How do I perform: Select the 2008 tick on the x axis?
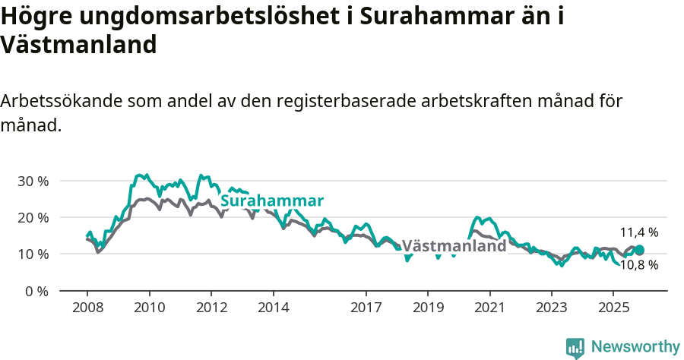pos(87,308)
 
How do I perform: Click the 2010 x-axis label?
pos(149,308)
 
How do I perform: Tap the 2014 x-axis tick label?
pos(273,308)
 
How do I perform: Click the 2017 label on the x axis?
pos(366,308)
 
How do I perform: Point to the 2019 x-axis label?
pos(428,308)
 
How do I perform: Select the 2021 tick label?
pos(490,308)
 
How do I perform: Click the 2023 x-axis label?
pos(552,308)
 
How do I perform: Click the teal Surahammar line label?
pos(272,201)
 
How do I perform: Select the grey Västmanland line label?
pos(454,246)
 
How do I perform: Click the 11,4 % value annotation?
pos(639,232)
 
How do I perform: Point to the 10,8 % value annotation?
pos(639,265)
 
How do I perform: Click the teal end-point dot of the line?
pos(639,250)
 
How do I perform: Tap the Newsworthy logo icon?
pos(575,347)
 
